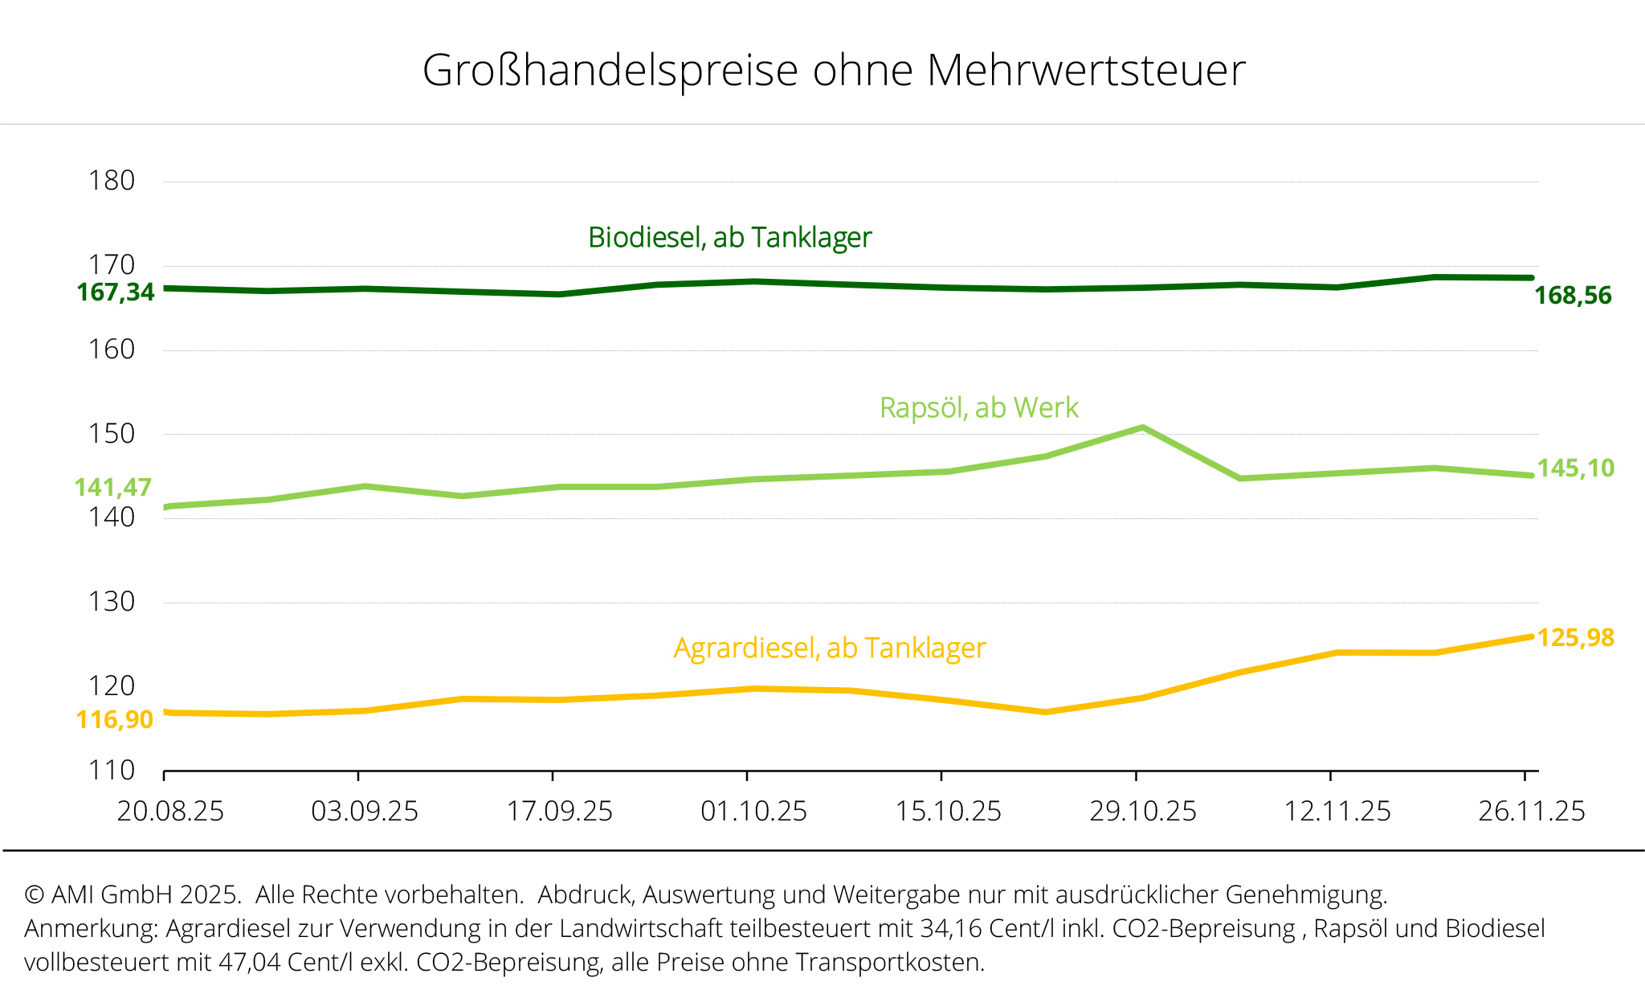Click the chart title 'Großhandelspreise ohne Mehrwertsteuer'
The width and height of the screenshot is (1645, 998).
[x=834, y=70]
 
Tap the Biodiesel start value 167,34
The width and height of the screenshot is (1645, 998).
[x=116, y=292]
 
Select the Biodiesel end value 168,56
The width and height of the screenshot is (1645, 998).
[x=1573, y=296]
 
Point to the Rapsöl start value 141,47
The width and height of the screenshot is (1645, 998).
[x=112, y=487]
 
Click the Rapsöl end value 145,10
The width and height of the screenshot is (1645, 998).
[x=1575, y=468]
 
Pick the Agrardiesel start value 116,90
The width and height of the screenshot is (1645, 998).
[x=114, y=719]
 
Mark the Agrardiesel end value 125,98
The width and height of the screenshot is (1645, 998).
[x=1575, y=637]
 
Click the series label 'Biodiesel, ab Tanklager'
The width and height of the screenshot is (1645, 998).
[x=729, y=238]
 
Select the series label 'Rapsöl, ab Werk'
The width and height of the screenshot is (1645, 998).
[x=978, y=408]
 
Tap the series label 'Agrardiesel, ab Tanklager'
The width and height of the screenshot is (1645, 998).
[x=829, y=648]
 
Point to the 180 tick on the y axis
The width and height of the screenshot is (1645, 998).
[x=112, y=181]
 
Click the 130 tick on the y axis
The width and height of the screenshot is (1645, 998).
[x=112, y=602]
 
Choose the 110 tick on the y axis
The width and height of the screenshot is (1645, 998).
[x=112, y=771]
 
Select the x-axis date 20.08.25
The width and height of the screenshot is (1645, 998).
[x=170, y=812]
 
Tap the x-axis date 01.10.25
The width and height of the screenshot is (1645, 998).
[x=753, y=812]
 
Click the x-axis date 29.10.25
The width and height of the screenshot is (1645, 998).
[x=1142, y=812]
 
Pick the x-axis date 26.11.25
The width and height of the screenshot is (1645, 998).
[x=1531, y=812]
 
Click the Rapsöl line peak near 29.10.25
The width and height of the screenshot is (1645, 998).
[x=1142, y=427]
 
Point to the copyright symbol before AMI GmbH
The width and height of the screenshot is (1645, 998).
[x=34, y=895]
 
